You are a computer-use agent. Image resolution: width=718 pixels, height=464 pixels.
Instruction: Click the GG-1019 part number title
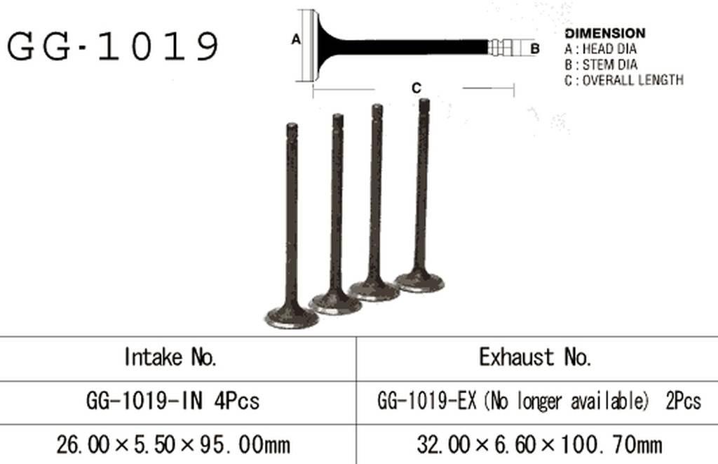tap(113, 46)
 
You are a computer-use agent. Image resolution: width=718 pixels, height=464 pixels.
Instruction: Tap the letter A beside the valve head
tap(297, 40)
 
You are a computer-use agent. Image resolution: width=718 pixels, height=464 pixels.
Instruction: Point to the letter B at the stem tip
tap(535, 48)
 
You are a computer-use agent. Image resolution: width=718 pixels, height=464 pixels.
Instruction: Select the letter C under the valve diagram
tap(416, 88)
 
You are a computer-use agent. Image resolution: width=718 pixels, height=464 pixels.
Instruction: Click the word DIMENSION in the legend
tap(605, 33)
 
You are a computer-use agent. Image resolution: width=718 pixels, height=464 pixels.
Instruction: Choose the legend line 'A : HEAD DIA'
tap(600, 48)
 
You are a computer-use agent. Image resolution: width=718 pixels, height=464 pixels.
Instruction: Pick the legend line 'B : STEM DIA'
tap(601, 64)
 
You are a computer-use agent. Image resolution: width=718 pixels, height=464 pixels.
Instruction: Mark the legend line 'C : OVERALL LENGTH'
tap(624, 80)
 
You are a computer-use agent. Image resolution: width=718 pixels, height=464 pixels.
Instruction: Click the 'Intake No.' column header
tap(170, 357)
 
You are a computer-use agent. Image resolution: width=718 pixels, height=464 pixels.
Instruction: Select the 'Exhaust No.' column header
tap(535, 357)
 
